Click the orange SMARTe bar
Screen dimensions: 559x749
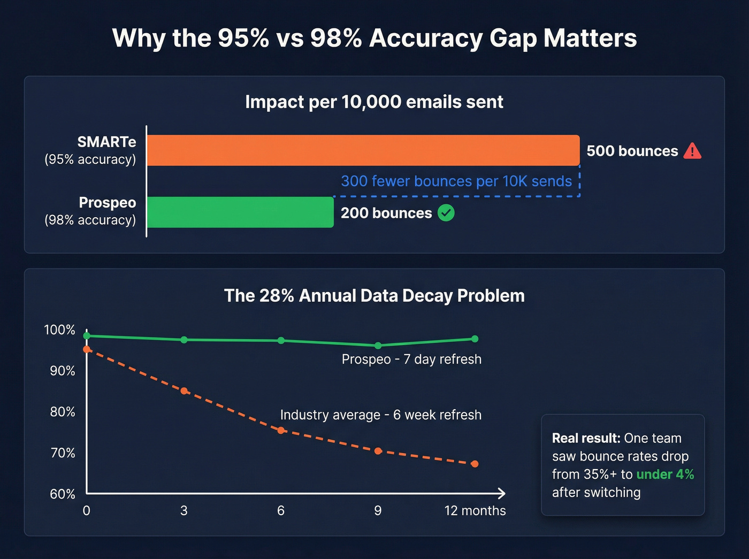click(x=363, y=150)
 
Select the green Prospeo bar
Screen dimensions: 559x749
click(x=240, y=212)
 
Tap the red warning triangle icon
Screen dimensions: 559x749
click(x=692, y=151)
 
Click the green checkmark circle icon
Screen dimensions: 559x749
click(x=446, y=213)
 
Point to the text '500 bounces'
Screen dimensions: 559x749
click(x=632, y=151)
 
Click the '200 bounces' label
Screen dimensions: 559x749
click(x=386, y=213)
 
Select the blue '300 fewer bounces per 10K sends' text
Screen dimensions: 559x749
click(x=456, y=181)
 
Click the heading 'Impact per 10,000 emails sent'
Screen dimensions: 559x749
click(x=374, y=102)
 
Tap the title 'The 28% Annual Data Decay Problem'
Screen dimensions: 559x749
click(x=374, y=295)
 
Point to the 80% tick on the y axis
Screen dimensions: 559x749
click(x=63, y=412)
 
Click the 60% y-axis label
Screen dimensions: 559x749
click(x=63, y=494)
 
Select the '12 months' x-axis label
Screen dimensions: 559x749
click(x=475, y=511)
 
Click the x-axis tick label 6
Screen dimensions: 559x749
click(x=281, y=511)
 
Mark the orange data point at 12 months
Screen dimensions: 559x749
click(x=475, y=464)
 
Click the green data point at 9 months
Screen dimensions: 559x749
click(x=378, y=346)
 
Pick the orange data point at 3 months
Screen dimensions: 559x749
click(x=184, y=391)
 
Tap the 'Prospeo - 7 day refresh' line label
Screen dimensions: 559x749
click(x=411, y=359)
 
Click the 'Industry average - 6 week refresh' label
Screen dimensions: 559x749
click(x=380, y=415)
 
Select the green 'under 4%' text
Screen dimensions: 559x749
click(x=665, y=474)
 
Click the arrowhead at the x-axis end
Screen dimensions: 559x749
click(x=501, y=493)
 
